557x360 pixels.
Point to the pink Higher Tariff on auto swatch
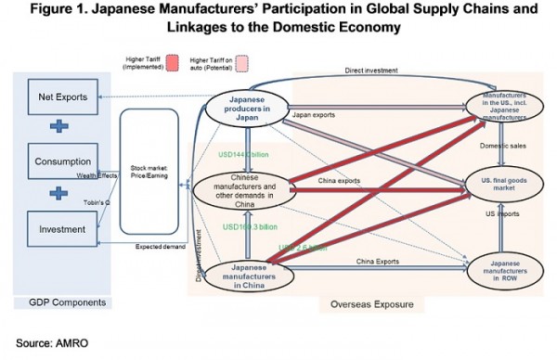pyautogui.click(x=243, y=68)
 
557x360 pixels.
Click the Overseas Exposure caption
pyautogui.click(x=371, y=303)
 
